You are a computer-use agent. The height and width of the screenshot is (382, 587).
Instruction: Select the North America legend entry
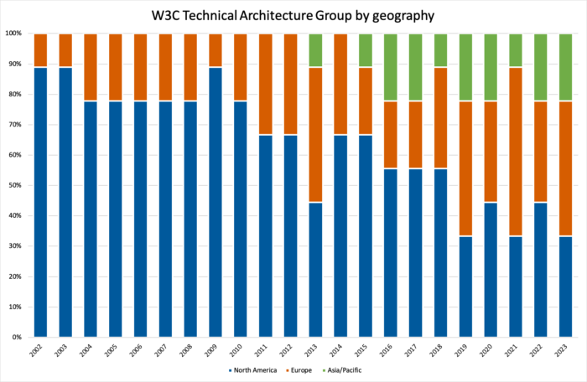[x=253, y=369]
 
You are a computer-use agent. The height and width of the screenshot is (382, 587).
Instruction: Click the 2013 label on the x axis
[x=315, y=350]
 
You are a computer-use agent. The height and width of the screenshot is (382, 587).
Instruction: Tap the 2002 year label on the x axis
[x=39, y=350]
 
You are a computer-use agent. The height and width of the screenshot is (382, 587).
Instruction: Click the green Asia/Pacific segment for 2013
[x=314, y=50]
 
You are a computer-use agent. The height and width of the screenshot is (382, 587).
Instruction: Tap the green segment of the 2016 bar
[x=390, y=67]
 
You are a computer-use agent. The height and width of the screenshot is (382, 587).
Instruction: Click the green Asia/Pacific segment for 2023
[x=566, y=67]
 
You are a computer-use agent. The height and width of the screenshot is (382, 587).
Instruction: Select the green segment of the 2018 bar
[x=440, y=50]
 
